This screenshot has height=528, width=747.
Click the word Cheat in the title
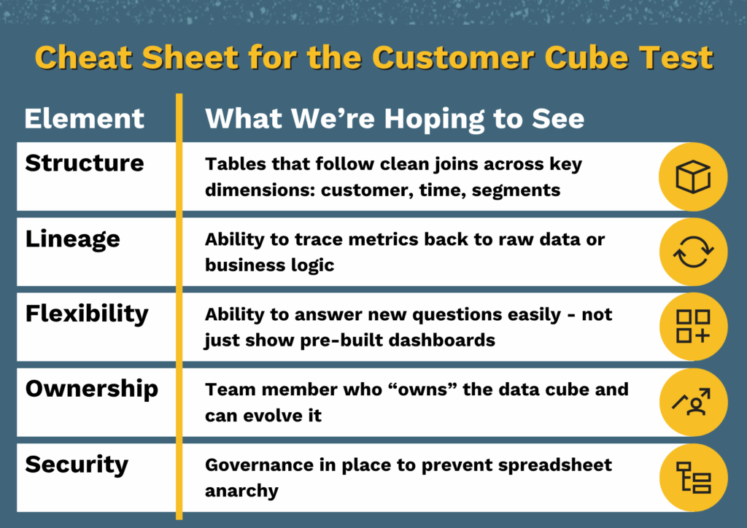(84, 58)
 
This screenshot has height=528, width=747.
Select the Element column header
(85, 118)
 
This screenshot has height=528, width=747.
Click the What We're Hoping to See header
(395, 119)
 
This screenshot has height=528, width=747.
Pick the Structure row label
(85, 163)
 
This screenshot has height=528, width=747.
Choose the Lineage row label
(72, 239)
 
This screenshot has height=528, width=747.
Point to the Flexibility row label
(87, 314)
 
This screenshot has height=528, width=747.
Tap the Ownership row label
(91, 389)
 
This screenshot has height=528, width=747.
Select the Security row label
(77, 465)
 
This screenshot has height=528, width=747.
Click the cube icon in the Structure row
(693, 176)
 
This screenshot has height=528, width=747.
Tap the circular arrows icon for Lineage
(693, 252)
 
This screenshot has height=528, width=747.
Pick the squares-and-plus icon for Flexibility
(693, 327)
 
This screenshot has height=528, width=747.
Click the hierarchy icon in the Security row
(693, 477)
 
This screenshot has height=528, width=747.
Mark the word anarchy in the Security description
(241, 491)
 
